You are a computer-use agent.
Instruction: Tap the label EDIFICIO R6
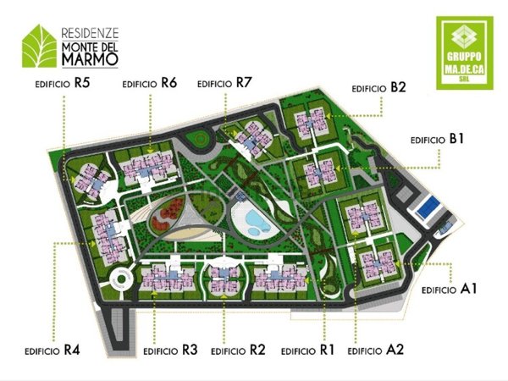(x=150, y=85)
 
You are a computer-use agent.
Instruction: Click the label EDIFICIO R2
(x=240, y=350)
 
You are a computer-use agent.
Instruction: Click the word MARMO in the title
(x=88, y=60)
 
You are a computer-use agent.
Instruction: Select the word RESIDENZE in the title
(x=90, y=30)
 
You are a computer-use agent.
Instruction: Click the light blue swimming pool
(x=252, y=224)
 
